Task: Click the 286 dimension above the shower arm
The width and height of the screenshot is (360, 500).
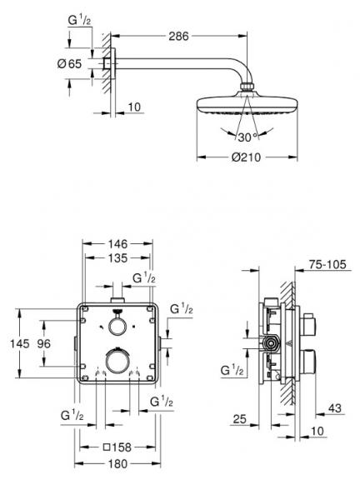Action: coord(176,37)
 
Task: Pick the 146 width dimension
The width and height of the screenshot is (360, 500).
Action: coord(117,244)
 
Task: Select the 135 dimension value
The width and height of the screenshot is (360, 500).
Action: coord(117,258)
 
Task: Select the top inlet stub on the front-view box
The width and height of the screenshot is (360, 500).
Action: coord(117,297)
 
